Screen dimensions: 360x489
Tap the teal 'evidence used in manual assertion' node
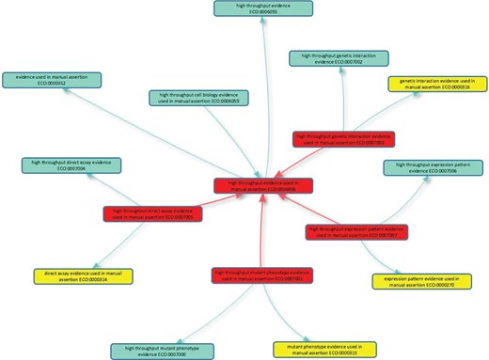(45, 79)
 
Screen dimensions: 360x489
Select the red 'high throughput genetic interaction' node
(341, 141)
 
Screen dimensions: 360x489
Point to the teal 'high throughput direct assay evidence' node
(64, 167)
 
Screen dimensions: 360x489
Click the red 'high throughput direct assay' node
(145, 215)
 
